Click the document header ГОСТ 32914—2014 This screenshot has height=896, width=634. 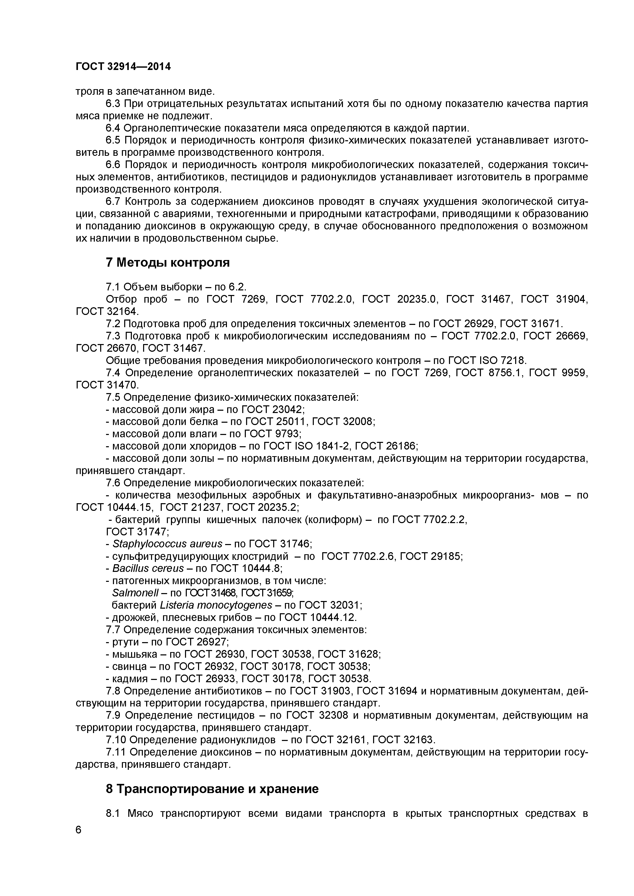123,67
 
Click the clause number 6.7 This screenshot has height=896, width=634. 114,201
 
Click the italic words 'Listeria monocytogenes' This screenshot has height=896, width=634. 216,605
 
